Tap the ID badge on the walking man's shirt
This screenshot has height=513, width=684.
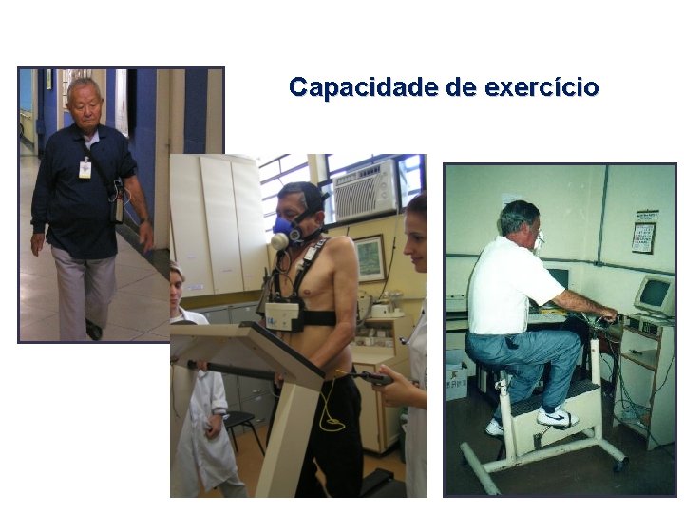click(x=85, y=168)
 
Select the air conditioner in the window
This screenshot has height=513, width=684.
click(x=364, y=189)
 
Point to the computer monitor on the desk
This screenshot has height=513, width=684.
click(x=654, y=294)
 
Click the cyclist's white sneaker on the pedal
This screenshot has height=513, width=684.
click(x=557, y=417)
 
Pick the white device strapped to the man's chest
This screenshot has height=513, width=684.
click(x=283, y=315)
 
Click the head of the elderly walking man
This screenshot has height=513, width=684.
click(x=85, y=103)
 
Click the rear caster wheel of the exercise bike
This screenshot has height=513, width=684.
click(x=619, y=465)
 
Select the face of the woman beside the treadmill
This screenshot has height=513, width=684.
click(x=416, y=243)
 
